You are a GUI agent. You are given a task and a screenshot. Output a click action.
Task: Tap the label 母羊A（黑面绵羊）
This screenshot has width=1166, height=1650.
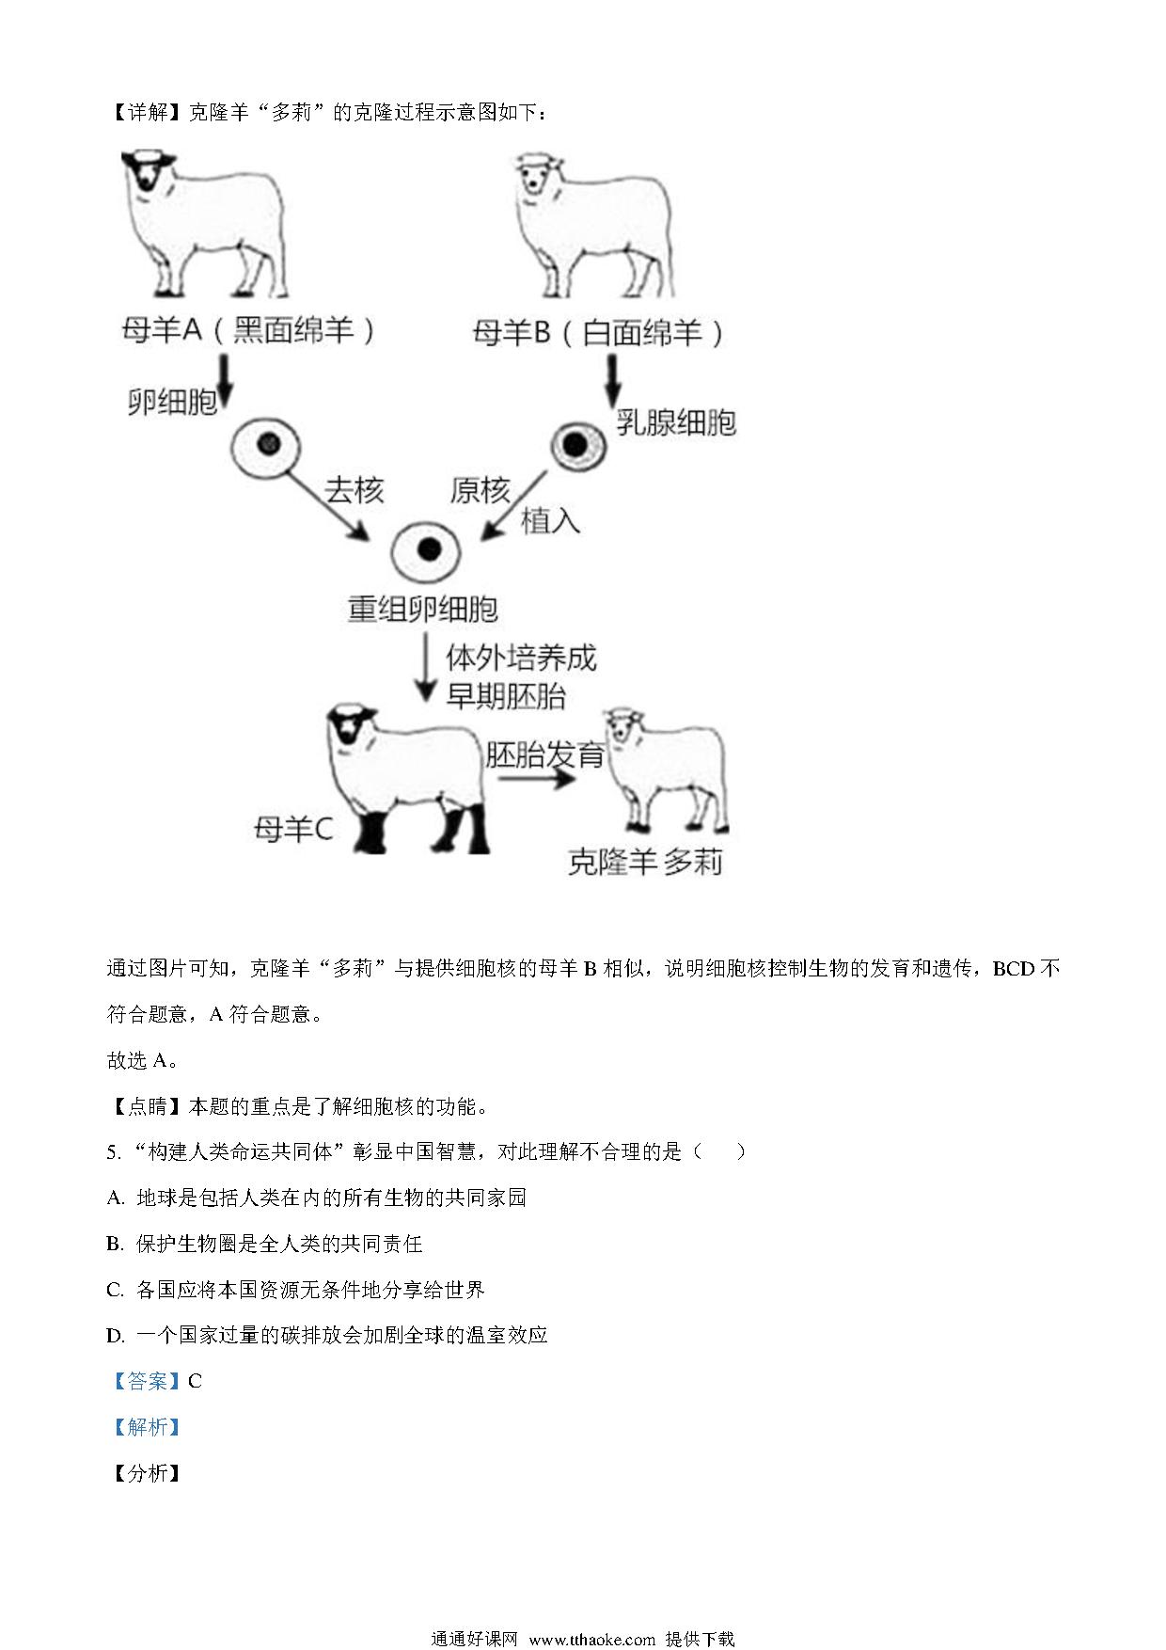250,330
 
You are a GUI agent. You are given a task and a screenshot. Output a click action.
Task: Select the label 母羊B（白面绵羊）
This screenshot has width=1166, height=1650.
600,333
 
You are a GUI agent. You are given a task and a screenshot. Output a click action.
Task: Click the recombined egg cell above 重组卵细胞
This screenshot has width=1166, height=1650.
427,549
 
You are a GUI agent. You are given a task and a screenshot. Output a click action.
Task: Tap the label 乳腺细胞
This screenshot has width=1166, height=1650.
676,422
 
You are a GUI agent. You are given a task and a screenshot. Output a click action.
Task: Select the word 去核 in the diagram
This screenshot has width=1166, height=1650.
355,490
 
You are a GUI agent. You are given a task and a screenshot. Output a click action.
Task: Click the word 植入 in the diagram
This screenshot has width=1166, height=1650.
551,520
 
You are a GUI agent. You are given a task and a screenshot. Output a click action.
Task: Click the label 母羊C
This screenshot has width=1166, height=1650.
293,830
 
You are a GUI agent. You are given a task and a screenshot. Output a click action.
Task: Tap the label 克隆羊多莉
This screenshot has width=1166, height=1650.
646,862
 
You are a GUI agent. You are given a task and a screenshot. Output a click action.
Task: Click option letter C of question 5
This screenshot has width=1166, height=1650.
115,1290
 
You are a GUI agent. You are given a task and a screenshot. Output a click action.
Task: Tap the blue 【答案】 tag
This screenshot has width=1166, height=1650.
146,1381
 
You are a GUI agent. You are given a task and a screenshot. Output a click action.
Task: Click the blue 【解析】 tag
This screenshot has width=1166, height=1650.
146,1427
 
